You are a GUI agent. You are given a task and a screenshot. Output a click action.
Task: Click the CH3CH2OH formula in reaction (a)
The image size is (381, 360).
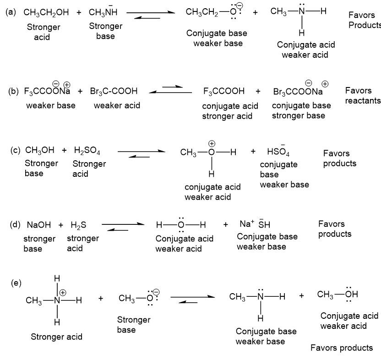point(46,13)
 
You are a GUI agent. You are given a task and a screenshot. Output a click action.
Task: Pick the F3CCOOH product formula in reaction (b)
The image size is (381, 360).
point(224,92)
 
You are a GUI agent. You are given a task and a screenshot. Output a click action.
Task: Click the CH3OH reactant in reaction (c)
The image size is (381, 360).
point(40,151)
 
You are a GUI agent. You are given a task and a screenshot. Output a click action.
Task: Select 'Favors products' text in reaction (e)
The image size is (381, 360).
point(342,348)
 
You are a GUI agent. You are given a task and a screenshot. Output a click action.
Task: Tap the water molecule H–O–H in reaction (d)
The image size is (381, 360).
point(181,224)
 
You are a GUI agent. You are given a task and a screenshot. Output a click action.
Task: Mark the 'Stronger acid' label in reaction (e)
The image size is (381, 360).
point(57,337)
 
